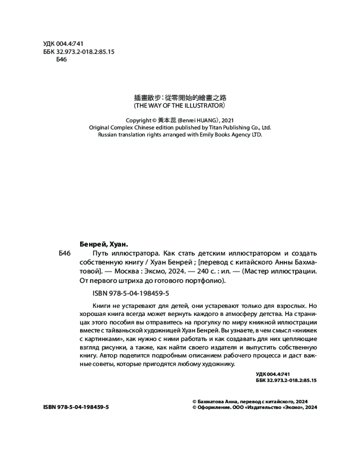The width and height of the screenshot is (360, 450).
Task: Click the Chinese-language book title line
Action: point(180,97)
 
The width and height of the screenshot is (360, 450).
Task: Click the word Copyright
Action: point(139,120)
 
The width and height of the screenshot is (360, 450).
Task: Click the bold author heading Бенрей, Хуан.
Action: point(103,245)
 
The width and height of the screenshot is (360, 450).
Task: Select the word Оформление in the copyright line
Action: point(214,407)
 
